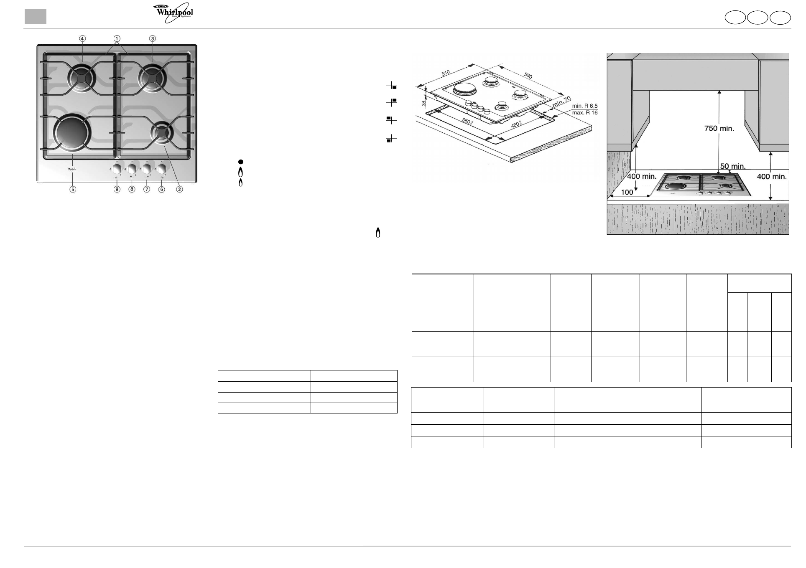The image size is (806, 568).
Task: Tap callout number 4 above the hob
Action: coord(82,38)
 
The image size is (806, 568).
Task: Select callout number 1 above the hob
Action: coord(117,38)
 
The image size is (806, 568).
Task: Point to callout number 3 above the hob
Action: coord(153,38)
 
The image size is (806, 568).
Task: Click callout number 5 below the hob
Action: coord(73,189)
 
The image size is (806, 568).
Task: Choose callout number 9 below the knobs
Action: coord(117,189)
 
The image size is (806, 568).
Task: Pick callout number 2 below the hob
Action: coord(179,189)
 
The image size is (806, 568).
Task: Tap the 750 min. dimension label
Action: coord(719,129)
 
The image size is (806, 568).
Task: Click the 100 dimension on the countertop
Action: coord(627,193)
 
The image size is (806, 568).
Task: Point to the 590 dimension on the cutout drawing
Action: coord(528,76)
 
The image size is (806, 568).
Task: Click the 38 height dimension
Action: coord(423,102)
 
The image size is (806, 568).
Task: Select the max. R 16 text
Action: coord(584,113)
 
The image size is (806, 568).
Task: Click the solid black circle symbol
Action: coord(241,162)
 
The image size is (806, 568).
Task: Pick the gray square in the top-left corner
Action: coord(35,16)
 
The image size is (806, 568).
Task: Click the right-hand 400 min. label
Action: coord(772,177)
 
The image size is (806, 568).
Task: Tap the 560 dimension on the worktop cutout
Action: coord(467,121)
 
